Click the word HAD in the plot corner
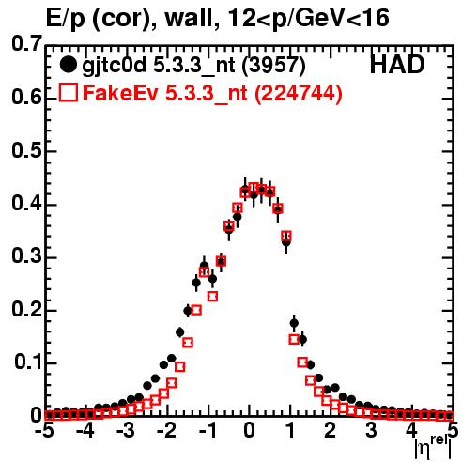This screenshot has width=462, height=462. click(x=397, y=65)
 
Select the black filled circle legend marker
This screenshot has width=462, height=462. click(x=68, y=65)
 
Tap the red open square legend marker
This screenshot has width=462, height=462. click(x=69, y=92)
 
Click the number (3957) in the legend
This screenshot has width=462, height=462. click(x=274, y=65)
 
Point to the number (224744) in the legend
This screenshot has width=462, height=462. click(x=299, y=93)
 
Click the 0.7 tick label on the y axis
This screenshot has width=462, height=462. click(x=26, y=43)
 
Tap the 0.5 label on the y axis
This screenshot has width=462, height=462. click(x=26, y=150)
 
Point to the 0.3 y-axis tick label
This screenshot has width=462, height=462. click(x=26, y=256)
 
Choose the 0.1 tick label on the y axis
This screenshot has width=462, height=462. click(x=27, y=362)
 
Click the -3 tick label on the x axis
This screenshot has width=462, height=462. click(x=125, y=430)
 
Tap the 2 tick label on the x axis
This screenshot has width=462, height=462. click(x=330, y=430)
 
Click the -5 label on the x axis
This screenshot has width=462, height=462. click(x=44, y=430)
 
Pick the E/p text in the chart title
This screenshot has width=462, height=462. click(x=66, y=20)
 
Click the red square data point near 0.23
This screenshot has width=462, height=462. click(x=212, y=296)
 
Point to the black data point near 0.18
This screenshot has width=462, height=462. click(x=294, y=323)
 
